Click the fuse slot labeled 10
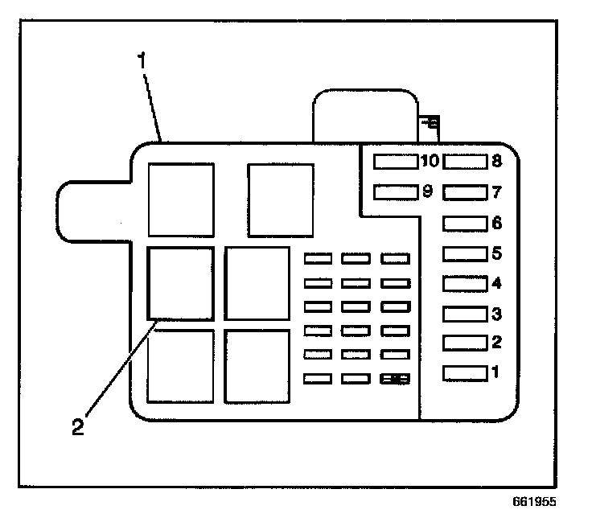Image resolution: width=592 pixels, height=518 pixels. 396,162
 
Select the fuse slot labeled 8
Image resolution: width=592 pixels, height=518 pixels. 465,162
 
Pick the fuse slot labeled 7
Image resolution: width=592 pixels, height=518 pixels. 465,192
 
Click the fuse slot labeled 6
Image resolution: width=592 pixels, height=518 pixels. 465,223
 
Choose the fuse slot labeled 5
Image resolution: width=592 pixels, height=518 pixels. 465,253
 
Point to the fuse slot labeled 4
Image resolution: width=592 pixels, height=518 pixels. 465,283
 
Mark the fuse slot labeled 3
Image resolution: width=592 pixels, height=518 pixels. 465,313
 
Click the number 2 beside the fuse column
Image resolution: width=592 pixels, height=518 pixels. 496,342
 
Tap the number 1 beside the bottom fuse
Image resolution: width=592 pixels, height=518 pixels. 496,372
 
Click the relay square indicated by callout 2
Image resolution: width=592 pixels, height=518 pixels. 180,283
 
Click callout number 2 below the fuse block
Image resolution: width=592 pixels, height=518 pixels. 77,426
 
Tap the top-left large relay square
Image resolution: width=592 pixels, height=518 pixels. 181,199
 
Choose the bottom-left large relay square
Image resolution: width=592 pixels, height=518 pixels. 180,366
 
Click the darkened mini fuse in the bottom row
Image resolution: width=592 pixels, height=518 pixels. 396,378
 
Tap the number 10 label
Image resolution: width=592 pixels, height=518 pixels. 430,162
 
